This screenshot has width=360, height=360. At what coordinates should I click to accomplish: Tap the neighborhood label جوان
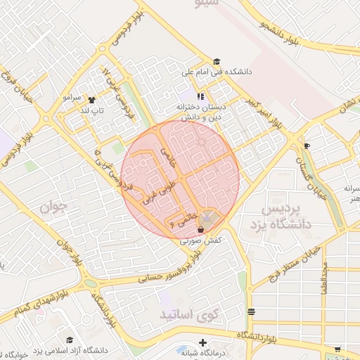click(53, 207)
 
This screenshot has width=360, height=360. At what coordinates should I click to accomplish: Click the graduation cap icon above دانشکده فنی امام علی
click(217, 62)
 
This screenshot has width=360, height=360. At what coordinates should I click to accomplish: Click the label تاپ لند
click(92, 110)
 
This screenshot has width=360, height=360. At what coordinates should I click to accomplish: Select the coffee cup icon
click(307, 146)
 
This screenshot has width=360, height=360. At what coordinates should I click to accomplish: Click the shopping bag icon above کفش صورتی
click(202, 229)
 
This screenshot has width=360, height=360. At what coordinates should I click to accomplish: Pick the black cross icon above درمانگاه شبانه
click(203, 342)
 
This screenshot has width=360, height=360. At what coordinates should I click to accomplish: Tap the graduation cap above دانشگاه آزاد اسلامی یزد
click(70, 340)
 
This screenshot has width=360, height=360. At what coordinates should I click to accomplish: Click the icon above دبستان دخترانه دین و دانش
click(200, 97)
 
